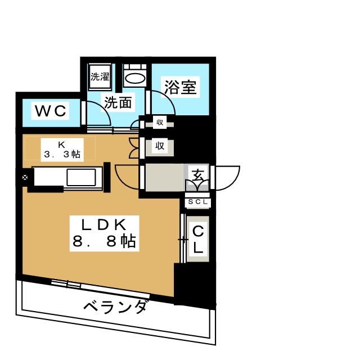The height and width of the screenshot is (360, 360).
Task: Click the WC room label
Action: pyautogui.click(x=51, y=111)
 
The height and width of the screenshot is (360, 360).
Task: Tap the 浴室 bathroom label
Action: pyautogui.click(x=181, y=87)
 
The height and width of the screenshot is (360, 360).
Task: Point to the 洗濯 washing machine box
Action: pyautogui.click(x=100, y=76)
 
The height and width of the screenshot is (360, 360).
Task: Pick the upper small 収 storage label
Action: pyautogui.click(x=160, y=122)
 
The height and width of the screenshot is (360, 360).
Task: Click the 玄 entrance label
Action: pyautogui.click(x=199, y=174)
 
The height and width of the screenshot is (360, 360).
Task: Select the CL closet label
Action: pyautogui.click(x=198, y=238)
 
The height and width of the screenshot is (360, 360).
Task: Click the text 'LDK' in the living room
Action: pyautogui.click(x=103, y=224)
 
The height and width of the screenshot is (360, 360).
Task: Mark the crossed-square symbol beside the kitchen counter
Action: pyautogui.click(x=25, y=178)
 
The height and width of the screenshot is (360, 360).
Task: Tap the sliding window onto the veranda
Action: pyautogui.click(x=66, y=283)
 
